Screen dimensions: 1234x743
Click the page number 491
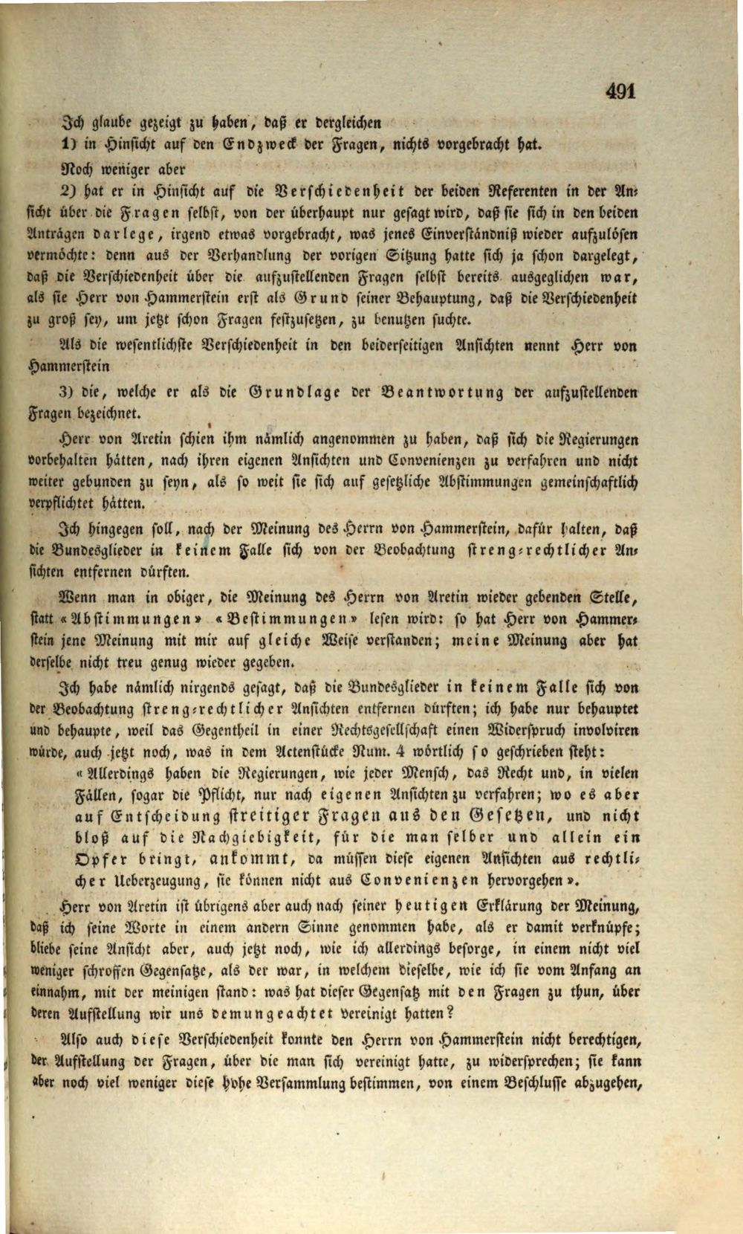[x=620, y=91]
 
